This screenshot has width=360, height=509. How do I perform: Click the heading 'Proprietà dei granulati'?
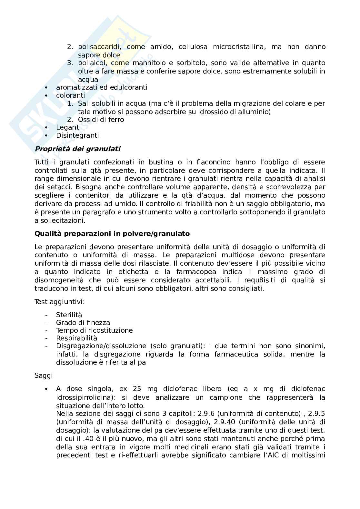click(x=77, y=149)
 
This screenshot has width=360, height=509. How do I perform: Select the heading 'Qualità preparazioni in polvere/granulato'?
click(x=112, y=233)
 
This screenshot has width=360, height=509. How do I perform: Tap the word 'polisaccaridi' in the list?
click(x=100, y=47)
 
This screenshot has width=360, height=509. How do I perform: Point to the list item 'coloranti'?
click(x=71, y=95)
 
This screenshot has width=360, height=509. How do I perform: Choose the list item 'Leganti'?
click(x=68, y=127)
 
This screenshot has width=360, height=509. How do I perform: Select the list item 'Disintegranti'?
click(x=77, y=135)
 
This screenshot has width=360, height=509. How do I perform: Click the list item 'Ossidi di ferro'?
click(x=101, y=120)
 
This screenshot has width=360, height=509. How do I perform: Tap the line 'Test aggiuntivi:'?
click(x=60, y=302)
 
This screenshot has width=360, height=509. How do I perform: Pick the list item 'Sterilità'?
click(x=69, y=315)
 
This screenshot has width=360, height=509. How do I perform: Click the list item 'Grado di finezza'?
click(x=83, y=323)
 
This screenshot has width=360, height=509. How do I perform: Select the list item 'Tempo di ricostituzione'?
click(x=94, y=330)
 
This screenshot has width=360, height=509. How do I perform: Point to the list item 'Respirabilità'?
click(x=76, y=338)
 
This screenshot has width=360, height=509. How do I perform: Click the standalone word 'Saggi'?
click(x=44, y=376)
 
